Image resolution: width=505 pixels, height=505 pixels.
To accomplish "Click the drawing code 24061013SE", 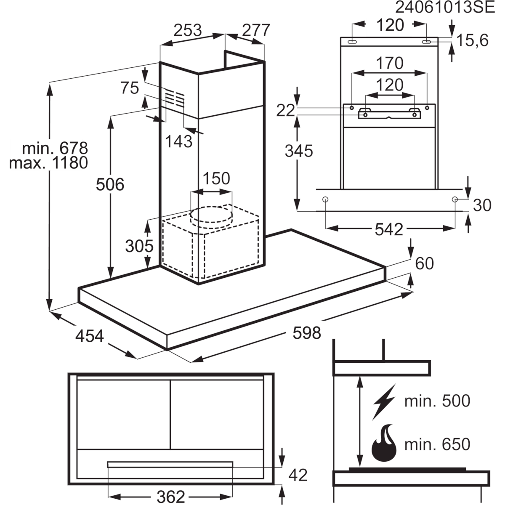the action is click(x=445, y=8).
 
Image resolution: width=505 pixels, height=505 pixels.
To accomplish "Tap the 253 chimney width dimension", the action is click(x=188, y=30).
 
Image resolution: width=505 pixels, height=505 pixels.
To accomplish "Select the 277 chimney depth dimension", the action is click(x=256, y=30).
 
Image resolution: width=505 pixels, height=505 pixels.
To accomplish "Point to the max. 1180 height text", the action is click(x=48, y=163).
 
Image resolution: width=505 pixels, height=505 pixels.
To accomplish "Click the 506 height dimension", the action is click(x=110, y=184).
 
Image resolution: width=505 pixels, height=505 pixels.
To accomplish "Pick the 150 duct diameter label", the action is click(x=216, y=178).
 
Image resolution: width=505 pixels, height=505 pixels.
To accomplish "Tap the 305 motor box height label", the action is click(x=139, y=246).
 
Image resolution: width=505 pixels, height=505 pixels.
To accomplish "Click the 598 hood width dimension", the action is click(x=307, y=333).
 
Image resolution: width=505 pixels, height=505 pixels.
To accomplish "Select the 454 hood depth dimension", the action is click(x=90, y=336).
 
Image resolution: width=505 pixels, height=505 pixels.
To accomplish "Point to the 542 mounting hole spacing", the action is click(x=389, y=230).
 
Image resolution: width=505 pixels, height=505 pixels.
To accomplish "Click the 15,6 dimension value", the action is click(x=473, y=41).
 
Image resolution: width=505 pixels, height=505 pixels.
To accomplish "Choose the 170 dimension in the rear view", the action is click(x=390, y=63).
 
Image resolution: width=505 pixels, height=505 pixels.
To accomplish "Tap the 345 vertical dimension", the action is click(x=299, y=151).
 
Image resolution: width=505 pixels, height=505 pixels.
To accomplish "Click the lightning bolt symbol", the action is click(x=384, y=402).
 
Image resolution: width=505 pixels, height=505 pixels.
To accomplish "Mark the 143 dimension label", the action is click(x=179, y=141).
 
